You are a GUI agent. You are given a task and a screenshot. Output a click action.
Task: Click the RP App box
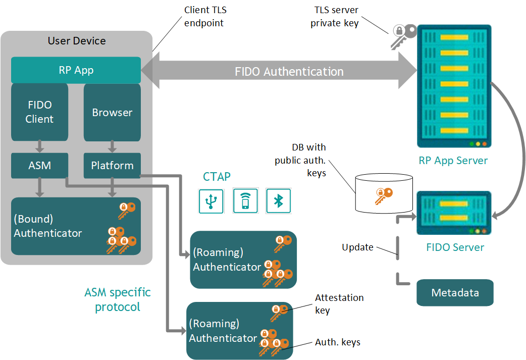pos(76,70)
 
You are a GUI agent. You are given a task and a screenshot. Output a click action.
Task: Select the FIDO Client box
pos(39,112)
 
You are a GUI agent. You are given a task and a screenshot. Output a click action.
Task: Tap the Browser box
pos(112,112)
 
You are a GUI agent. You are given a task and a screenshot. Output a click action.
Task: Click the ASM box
pos(39,165)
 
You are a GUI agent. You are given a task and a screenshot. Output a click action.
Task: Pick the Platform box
pos(112,165)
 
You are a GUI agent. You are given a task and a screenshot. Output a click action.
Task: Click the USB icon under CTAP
pos(211,201)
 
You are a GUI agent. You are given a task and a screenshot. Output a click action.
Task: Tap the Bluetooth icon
pos(278,201)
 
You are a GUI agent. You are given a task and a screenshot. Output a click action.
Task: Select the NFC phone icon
pos(245,201)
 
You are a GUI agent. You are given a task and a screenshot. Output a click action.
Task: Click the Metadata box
pos(455,293)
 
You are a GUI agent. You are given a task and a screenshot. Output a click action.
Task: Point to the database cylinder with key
pos(384,194)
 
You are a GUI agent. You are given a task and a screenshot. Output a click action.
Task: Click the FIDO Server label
pos(455,247)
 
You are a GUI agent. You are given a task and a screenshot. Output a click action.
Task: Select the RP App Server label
pos(453,161)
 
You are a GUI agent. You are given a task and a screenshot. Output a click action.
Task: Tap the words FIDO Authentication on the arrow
pos(289,72)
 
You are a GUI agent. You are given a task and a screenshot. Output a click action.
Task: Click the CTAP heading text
pos(217,177)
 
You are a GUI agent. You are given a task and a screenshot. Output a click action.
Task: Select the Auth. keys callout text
pos(338,342)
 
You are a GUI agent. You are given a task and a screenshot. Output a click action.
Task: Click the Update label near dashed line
pos(357,247)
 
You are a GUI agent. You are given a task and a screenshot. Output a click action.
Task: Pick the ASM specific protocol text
pos(117,299)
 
